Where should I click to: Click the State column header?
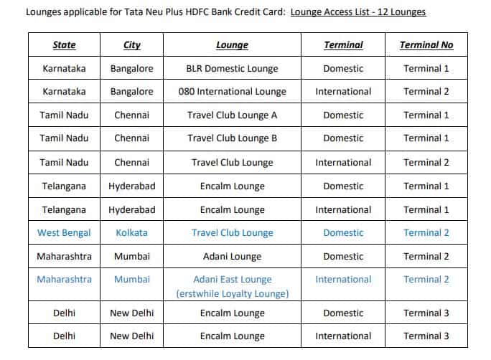click(x=64, y=44)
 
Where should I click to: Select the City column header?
click(x=131, y=44)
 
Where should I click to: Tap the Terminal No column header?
click(x=426, y=44)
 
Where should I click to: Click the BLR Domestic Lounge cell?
click(x=232, y=68)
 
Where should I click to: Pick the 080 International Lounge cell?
click(x=232, y=91)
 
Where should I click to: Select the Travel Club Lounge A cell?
click(x=232, y=115)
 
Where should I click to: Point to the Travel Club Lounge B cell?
click(x=232, y=138)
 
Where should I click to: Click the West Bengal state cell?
click(x=64, y=232)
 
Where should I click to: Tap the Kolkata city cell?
click(x=131, y=232)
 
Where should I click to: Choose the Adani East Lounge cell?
click(x=232, y=279)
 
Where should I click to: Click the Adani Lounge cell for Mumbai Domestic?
click(x=232, y=256)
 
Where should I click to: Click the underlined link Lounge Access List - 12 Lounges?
click(x=358, y=12)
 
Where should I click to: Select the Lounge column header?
click(x=232, y=44)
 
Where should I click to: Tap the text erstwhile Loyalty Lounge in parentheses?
click(x=232, y=293)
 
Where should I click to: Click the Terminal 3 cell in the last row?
click(x=426, y=336)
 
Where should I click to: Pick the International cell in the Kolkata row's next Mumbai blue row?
click(x=343, y=279)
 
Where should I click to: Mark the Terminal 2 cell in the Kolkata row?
click(x=426, y=232)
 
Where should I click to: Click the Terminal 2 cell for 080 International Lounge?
click(x=426, y=91)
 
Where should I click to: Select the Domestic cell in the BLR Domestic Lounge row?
click(x=343, y=68)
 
